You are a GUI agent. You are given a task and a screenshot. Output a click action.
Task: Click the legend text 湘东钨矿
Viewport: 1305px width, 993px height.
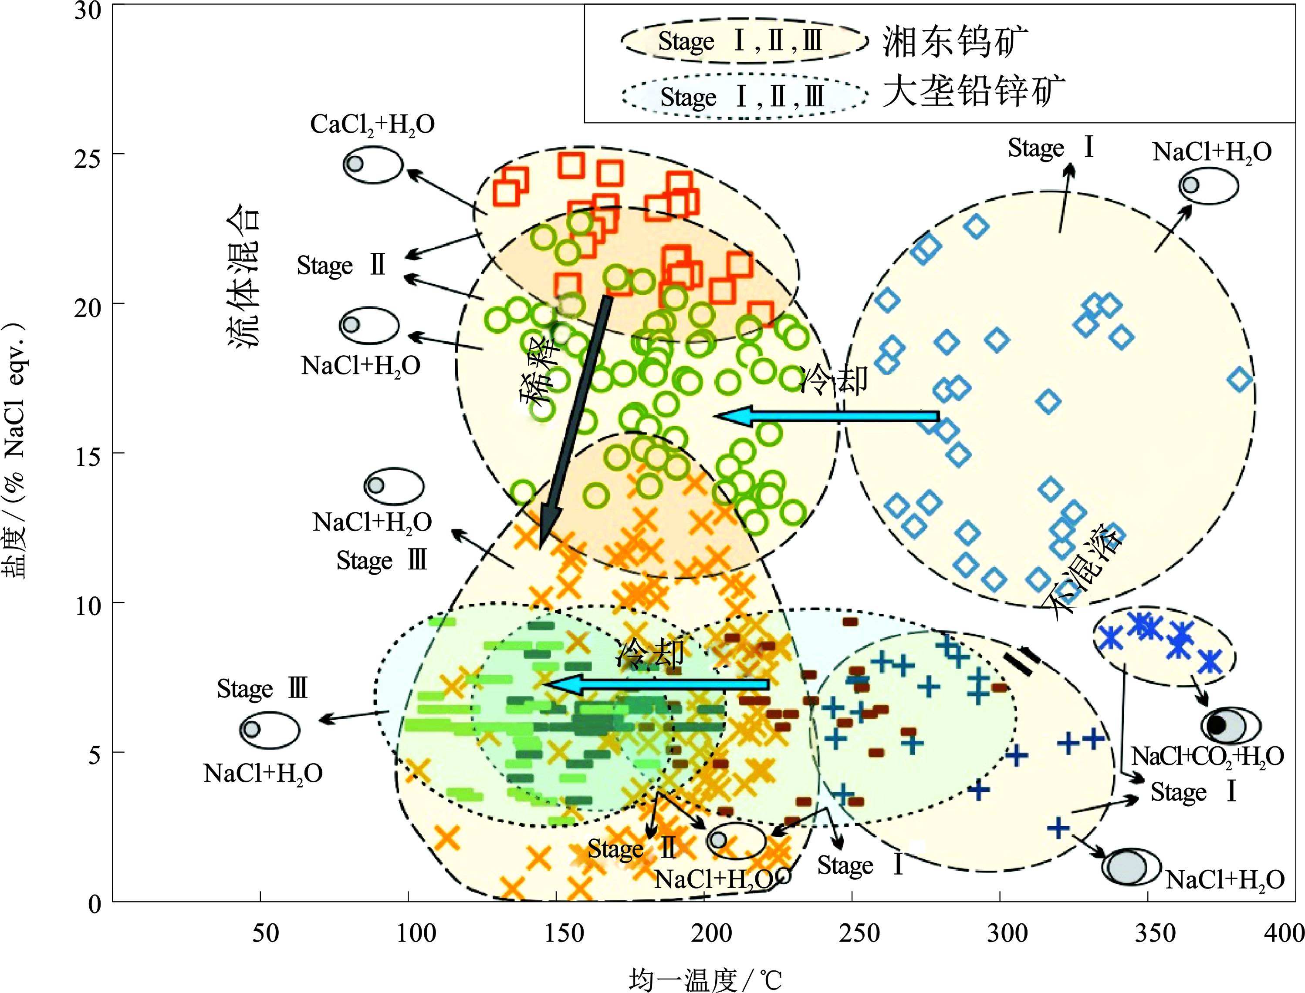(955, 41)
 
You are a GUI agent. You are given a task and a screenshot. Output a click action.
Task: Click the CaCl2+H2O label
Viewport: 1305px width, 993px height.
(372, 125)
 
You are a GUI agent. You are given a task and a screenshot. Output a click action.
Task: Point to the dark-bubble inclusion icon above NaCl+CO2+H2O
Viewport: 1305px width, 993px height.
(1230, 725)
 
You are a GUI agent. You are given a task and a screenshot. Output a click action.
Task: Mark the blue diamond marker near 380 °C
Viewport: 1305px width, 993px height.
(1240, 380)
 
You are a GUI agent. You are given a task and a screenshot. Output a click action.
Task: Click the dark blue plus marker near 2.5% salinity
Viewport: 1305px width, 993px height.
(1058, 828)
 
